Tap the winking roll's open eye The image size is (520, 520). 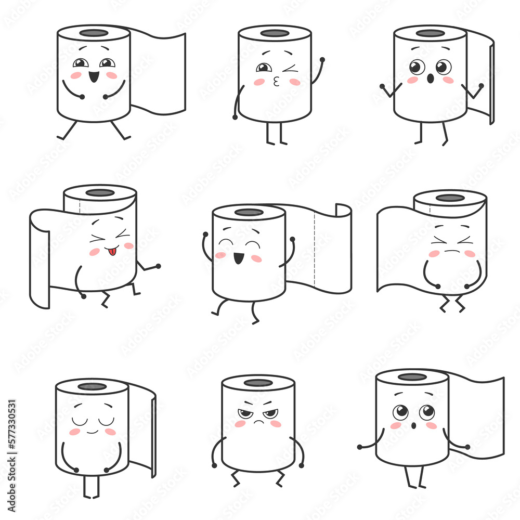point(264,68)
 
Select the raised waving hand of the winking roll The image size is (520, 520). point(322,60)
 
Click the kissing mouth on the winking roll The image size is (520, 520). point(277,81)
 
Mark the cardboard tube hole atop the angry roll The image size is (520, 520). point(258,383)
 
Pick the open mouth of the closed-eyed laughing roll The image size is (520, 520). point(238,257)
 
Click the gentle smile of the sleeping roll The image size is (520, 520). point(92,431)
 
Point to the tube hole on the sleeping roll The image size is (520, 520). point(93,386)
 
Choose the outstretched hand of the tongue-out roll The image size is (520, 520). point(158,266)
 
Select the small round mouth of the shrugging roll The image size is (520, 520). point(430,79)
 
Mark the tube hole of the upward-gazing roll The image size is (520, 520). point(412,377)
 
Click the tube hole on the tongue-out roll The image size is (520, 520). point(100,193)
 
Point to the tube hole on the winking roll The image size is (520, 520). point(275,33)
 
